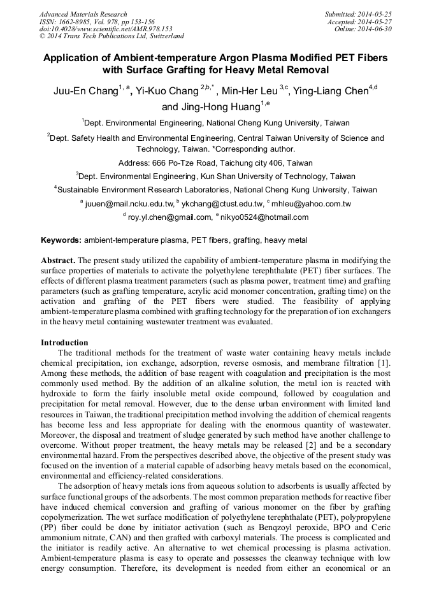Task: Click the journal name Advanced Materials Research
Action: pos(83,14)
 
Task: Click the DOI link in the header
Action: pos(106,29)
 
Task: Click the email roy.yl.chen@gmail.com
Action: pos(169,217)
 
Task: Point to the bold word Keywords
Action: pos(61,241)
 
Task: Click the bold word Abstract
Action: pos(59,261)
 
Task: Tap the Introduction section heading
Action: pos(64,343)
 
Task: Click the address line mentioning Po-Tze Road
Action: pos(215,163)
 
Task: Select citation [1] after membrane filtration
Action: pos(384,362)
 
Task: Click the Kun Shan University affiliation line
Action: pos(215,176)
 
